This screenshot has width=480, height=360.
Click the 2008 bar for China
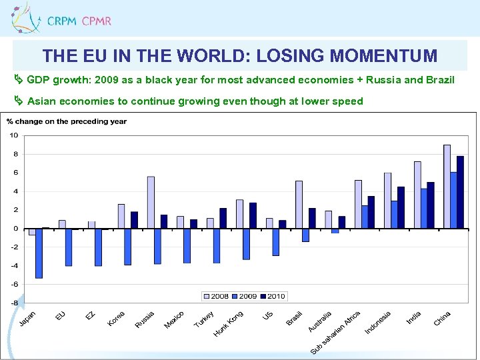click(x=447, y=187)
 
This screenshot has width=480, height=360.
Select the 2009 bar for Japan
click(x=39, y=253)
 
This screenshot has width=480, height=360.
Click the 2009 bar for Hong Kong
click(x=247, y=244)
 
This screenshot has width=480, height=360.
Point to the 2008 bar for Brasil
click(x=299, y=205)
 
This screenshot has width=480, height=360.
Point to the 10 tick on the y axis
click(x=13, y=135)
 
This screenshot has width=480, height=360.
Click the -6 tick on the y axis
click(x=13, y=284)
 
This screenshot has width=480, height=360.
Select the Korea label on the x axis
click(x=116, y=319)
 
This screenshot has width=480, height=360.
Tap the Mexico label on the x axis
click(x=174, y=320)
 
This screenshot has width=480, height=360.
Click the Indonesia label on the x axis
click(x=377, y=323)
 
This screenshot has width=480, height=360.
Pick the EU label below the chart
click(x=61, y=315)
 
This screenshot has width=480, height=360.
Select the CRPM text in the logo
click(x=62, y=21)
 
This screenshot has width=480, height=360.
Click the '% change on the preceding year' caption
click(x=67, y=121)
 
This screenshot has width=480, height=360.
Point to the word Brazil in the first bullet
click(x=439, y=80)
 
